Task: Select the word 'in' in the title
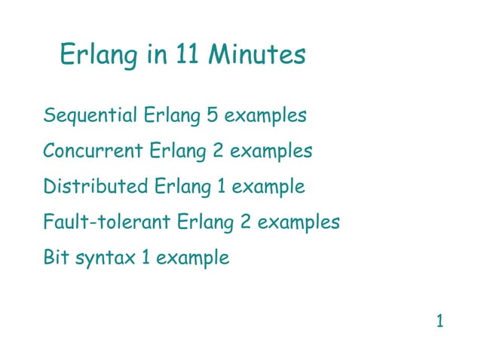tap(157, 55)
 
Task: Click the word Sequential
tap(90, 117)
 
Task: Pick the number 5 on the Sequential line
tap(212, 117)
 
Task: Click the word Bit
tap(56, 258)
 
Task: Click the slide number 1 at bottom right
tap(440, 322)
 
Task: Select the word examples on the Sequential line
tap(265, 117)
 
